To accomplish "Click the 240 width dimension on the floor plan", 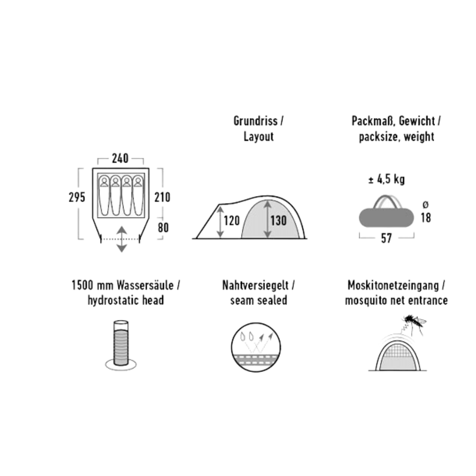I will point(120,158).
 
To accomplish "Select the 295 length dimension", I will point(77,197).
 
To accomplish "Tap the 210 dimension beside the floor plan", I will point(162,197).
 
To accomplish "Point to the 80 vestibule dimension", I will point(163,227).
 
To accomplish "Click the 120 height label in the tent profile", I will point(231,220).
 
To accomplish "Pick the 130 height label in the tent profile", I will point(278,220).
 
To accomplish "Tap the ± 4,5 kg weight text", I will point(386,180).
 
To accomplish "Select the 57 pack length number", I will point(386,238).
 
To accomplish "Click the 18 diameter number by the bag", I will point(425,218).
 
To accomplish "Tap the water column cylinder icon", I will point(121,343).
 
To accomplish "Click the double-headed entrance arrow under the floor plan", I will point(122,239).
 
